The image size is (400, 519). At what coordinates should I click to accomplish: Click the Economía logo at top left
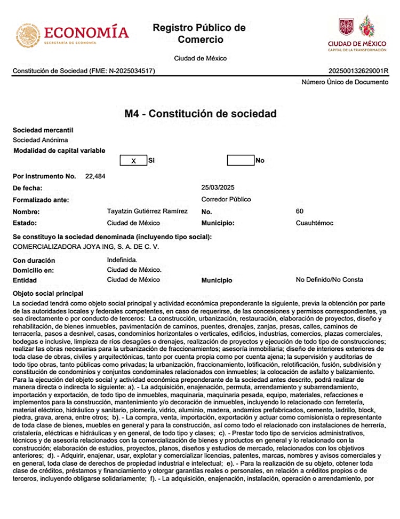pos(72,34)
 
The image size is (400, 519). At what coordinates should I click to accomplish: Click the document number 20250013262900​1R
pos(358,70)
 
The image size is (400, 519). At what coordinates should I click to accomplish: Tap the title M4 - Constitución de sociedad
pos(200,114)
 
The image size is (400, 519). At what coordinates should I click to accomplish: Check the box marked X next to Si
pos(133,160)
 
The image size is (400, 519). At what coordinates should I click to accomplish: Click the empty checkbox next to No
pos(241,160)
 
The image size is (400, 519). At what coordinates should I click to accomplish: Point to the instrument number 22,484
pos(95,176)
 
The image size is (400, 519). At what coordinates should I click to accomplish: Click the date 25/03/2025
pos(218,188)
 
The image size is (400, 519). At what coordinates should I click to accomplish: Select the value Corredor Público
pos(226,200)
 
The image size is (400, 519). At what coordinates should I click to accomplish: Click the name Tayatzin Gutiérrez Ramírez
pos(147,211)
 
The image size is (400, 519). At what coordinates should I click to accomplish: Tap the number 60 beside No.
pos(299,211)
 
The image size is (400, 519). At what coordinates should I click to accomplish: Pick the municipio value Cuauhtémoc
pos(314,223)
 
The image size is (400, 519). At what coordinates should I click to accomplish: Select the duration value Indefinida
pos(122,260)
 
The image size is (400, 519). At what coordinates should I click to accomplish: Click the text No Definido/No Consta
pos(329,280)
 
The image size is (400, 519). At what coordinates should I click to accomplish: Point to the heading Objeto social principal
pos(48,294)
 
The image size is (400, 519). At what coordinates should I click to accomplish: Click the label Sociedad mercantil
pos(43,130)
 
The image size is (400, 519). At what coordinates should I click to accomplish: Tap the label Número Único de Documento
pos(345,82)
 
